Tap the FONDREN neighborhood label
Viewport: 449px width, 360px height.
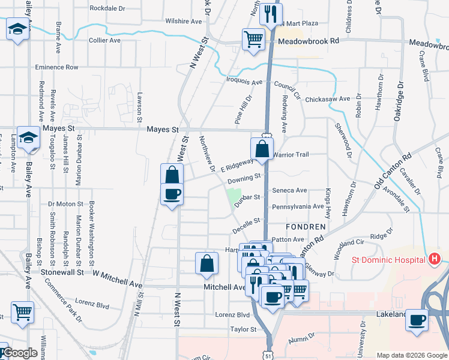click(306, 227)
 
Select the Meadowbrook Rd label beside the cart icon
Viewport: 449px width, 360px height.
click(309, 40)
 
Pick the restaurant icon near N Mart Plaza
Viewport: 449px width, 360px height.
click(271, 13)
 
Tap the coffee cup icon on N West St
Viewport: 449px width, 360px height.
click(172, 194)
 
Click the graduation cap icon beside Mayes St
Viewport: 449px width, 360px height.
click(28, 138)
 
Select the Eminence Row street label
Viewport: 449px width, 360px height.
click(57, 67)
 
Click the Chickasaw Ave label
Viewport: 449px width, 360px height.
click(327, 99)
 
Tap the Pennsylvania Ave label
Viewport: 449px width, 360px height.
click(298, 206)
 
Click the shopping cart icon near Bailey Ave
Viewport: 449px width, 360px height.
click(22, 311)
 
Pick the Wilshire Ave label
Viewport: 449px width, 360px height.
click(184, 21)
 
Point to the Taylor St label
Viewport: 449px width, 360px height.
click(243, 329)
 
